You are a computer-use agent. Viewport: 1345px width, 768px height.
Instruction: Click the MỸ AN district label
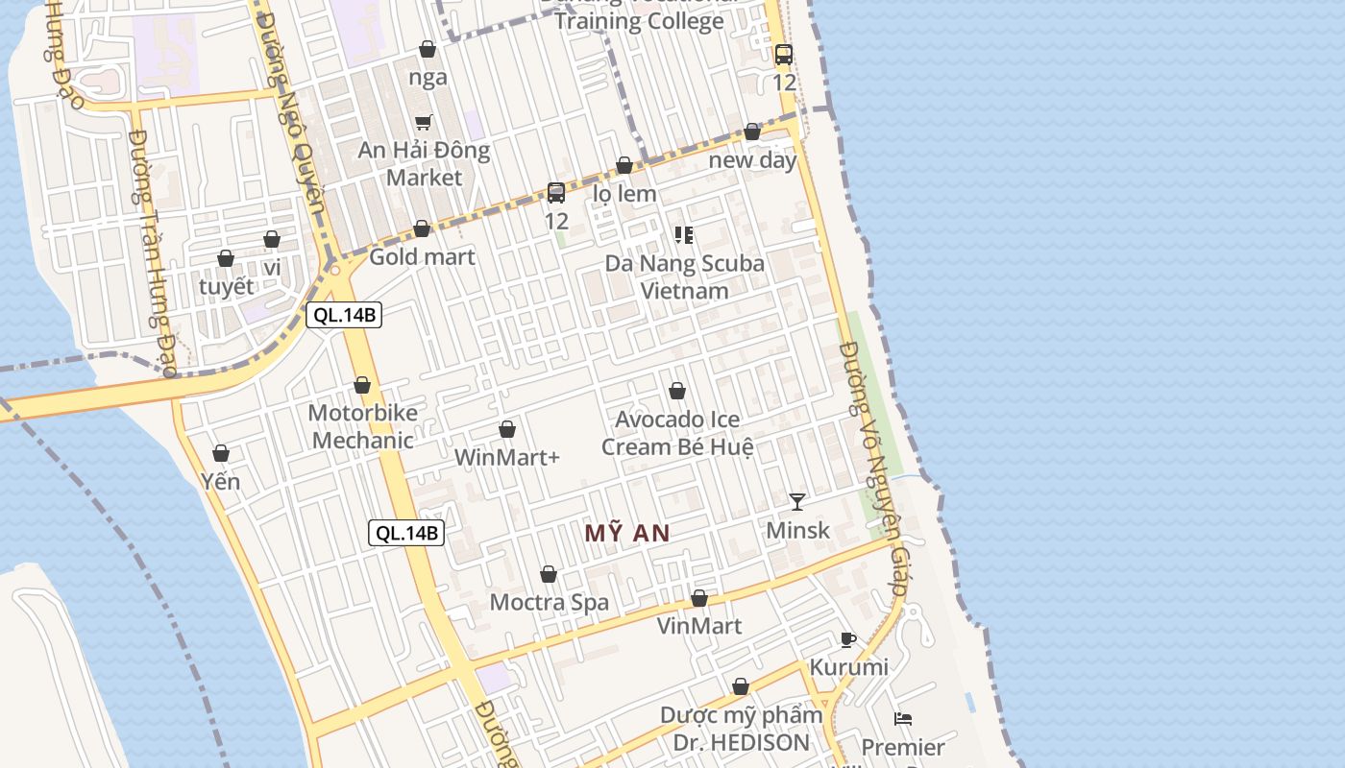point(627,534)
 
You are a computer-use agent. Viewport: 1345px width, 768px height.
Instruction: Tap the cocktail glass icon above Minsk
point(797,501)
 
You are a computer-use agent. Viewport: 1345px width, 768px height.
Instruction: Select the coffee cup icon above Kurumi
point(847,639)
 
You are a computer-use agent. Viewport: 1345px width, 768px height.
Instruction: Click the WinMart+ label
point(506,457)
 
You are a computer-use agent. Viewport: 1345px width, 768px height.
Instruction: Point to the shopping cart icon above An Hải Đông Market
point(424,122)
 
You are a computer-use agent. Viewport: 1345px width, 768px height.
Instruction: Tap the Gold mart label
point(422,256)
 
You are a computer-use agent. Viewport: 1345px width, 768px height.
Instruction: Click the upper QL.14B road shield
point(344,315)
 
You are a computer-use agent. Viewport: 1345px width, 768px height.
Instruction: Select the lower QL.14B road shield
point(406,533)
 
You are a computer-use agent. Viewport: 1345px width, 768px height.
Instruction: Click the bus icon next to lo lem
point(556,193)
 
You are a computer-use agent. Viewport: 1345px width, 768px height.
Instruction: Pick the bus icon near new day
point(784,55)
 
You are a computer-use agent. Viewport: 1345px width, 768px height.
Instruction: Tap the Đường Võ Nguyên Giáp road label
point(873,470)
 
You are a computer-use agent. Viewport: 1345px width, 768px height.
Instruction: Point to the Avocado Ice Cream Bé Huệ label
point(677,433)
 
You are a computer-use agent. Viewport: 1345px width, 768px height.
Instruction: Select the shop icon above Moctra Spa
point(549,574)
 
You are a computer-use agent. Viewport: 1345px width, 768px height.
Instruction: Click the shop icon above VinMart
point(699,598)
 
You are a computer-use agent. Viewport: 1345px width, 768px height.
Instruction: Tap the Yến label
point(221,481)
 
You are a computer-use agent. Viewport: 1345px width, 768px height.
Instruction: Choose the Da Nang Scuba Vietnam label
point(685,276)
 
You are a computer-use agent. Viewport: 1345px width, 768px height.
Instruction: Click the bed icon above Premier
point(903,718)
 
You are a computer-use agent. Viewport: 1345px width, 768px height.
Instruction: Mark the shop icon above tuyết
point(226,258)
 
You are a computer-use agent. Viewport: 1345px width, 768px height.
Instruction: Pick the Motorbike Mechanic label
point(362,426)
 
